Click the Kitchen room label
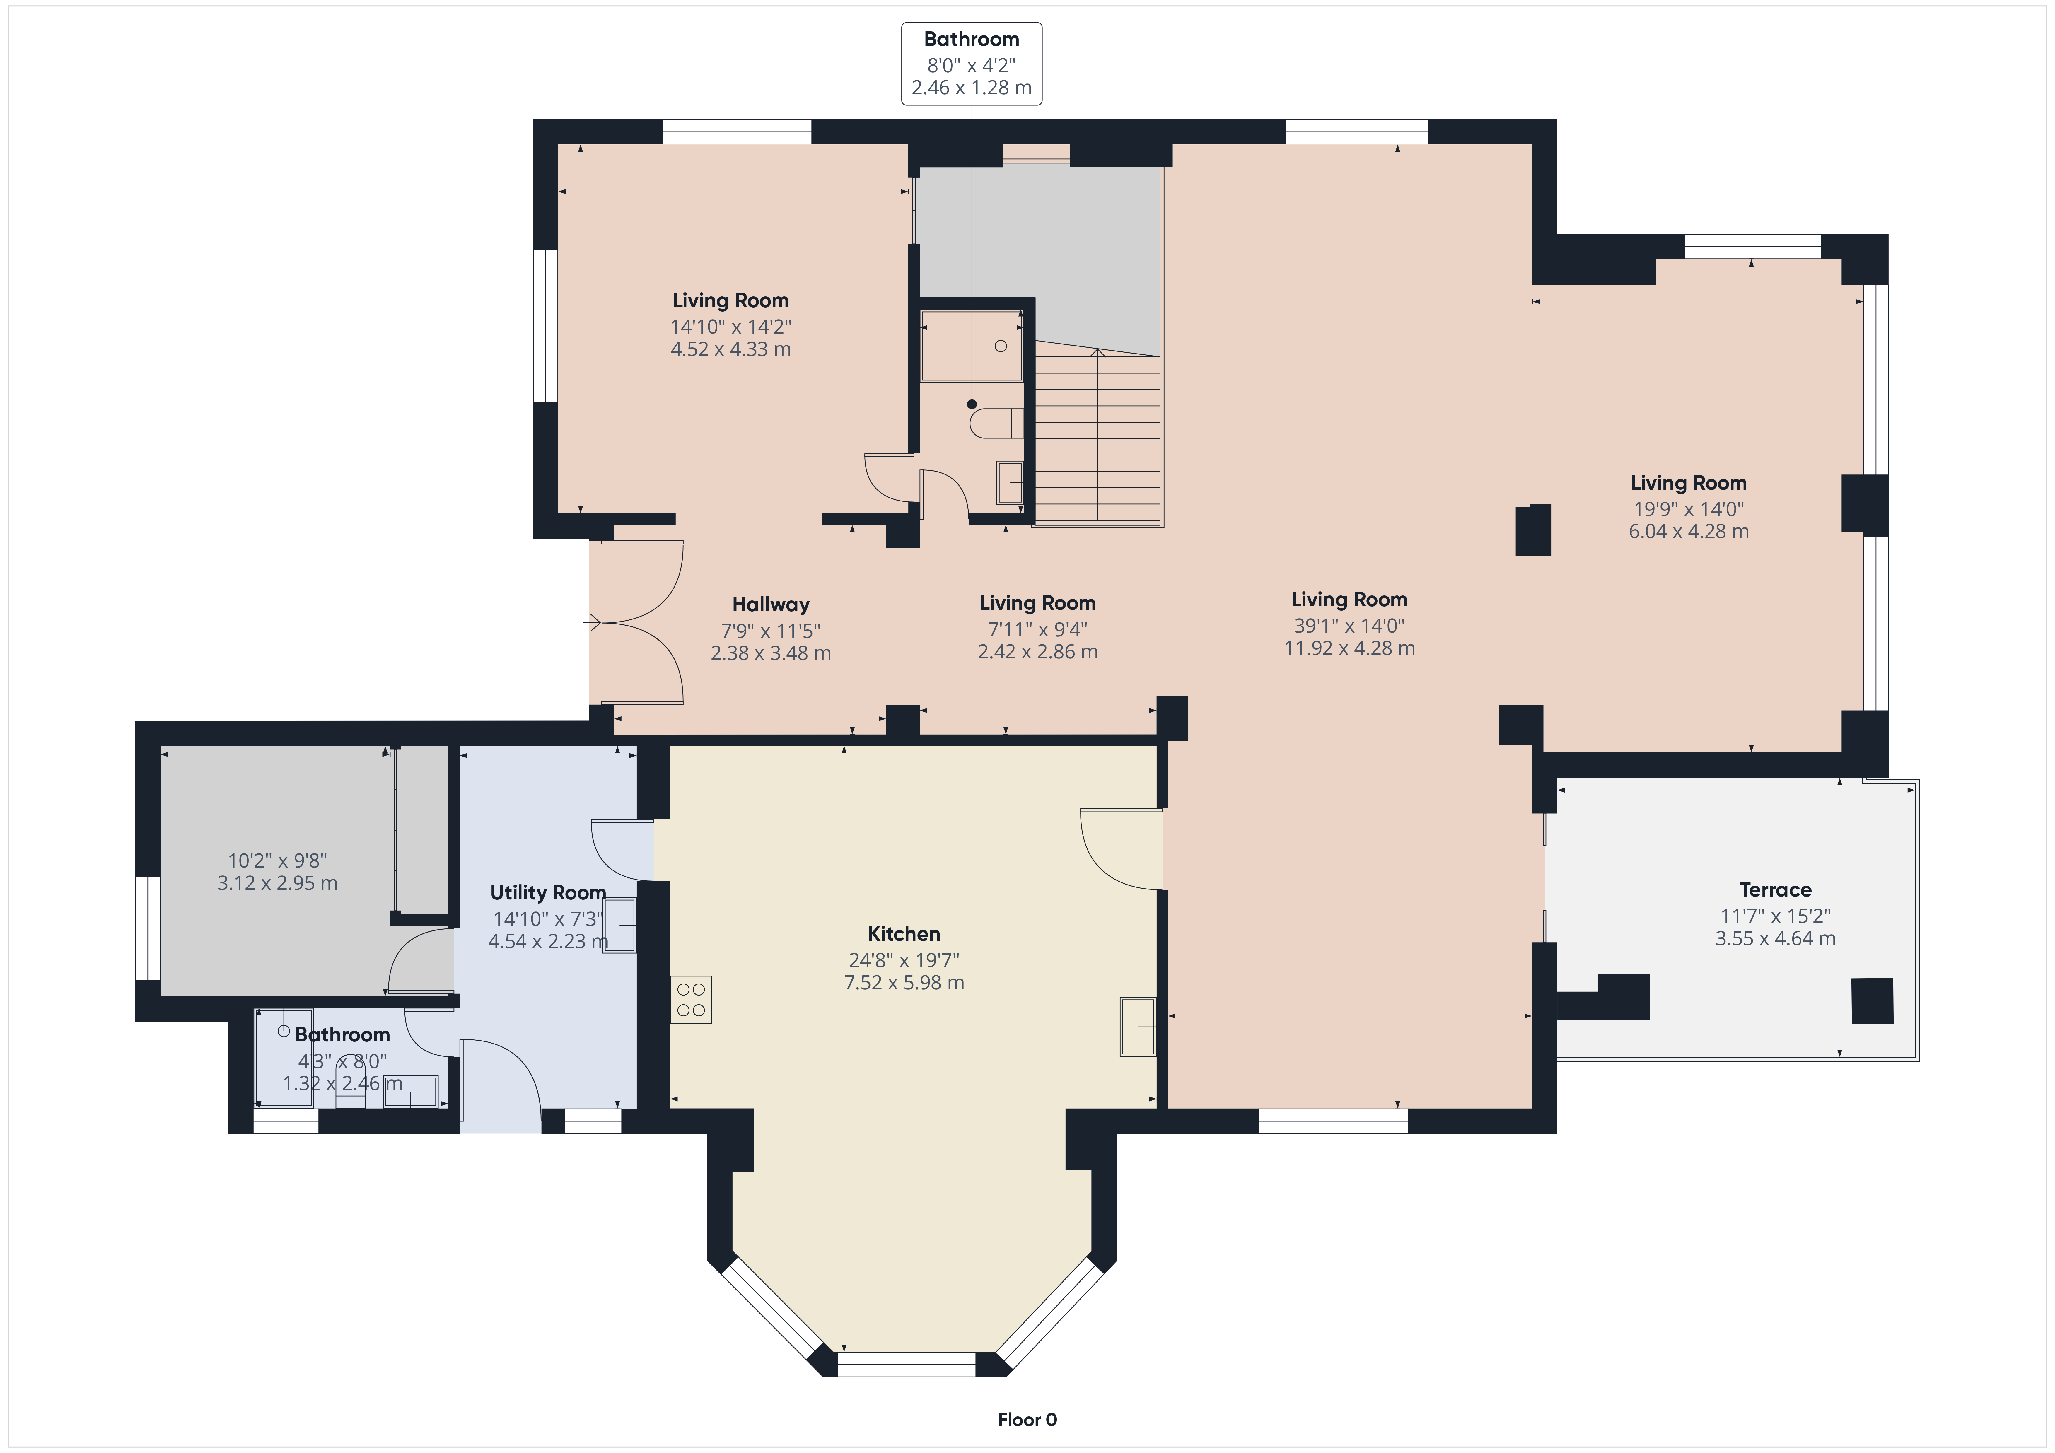[x=904, y=934]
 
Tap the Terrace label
[x=1775, y=890]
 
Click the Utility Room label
[x=548, y=893]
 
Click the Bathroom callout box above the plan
[x=971, y=64]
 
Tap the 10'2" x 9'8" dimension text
[x=277, y=860]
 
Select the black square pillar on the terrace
[x=1873, y=1001]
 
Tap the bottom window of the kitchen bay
[x=906, y=1364]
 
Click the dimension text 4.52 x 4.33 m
[x=731, y=349]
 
